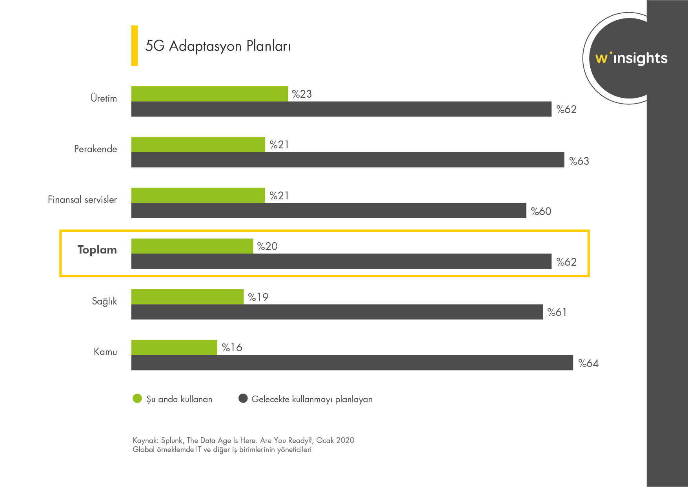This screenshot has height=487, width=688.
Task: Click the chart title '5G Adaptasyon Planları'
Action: [218, 46]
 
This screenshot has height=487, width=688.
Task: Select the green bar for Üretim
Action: [209, 94]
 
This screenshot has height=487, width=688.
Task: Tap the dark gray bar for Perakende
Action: [348, 160]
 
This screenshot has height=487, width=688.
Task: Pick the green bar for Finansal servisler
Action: [198, 195]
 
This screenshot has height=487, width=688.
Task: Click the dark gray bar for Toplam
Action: [341, 261]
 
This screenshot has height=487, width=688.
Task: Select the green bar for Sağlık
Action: [187, 297]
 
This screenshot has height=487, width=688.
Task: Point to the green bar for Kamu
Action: [174, 347]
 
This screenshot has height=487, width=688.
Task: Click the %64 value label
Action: [588, 363]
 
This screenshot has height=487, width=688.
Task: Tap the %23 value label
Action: [302, 94]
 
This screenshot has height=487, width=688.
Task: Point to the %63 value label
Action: [579, 161]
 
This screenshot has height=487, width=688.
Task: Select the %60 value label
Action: [541, 212]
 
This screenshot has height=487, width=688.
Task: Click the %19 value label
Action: [258, 297]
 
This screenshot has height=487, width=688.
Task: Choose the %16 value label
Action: [232, 348]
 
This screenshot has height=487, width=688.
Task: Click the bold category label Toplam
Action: [97, 250]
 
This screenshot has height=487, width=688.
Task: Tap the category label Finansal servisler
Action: [82, 200]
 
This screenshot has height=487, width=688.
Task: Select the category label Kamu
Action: [105, 352]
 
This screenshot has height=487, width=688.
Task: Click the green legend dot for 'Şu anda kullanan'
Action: [137, 399]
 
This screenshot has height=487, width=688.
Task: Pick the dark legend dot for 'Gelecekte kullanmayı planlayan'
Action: [243, 399]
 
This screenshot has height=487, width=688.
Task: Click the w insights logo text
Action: [631, 58]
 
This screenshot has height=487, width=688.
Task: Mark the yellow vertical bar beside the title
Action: [135, 46]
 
